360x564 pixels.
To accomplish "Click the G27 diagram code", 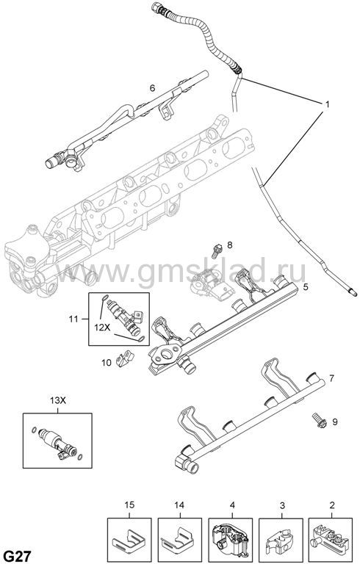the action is point(18,555).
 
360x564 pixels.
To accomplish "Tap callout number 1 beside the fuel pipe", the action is point(327,104).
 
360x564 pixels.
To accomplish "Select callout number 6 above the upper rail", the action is point(152,88).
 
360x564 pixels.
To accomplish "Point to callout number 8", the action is point(229,245).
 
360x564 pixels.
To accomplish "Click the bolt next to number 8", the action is point(216,250).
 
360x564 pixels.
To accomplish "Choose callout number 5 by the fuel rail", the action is point(306,287).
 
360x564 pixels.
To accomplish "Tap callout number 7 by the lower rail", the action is point(331,378).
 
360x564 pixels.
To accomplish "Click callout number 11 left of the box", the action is point(73,319).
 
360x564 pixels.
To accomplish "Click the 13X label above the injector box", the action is point(58,401).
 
